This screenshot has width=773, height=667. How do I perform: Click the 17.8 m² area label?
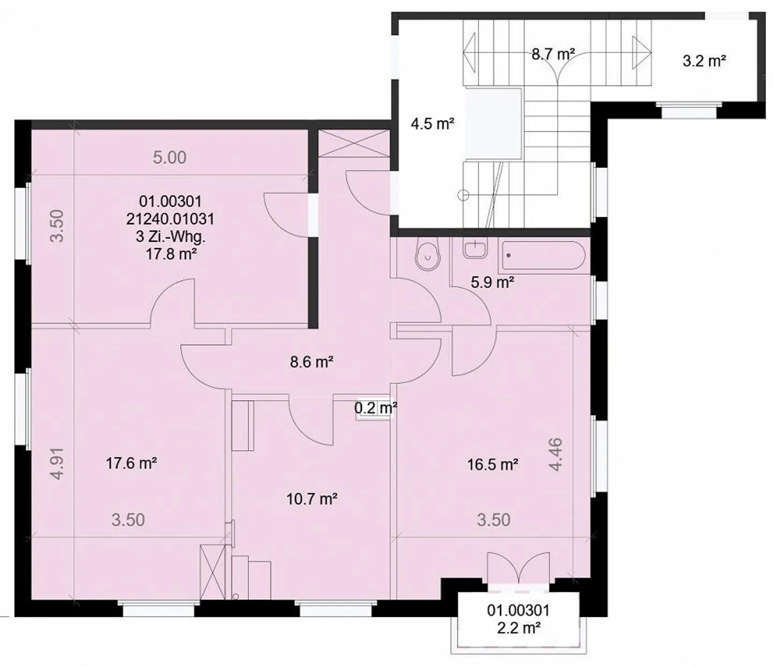pyautogui.click(x=171, y=254)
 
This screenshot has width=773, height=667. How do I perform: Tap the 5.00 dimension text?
pyautogui.click(x=170, y=158)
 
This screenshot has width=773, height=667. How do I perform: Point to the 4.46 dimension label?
pyautogui.click(x=555, y=455)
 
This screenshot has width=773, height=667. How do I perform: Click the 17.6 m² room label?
pyautogui.click(x=132, y=464)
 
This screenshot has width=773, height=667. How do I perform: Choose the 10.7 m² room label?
pyautogui.click(x=312, y=499)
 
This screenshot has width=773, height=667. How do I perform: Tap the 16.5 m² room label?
pyautogui.click(x=493, y=465)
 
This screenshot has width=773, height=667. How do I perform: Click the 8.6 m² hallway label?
pyautogui.click(x=311, y=362)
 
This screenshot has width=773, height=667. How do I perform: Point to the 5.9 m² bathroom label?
pyautogui.click(x=492, y=282)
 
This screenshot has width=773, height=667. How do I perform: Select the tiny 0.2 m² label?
pyautogui.click(x=375, y=407)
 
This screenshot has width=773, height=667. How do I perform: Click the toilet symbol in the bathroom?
pyautogui.click(x=427, y=256)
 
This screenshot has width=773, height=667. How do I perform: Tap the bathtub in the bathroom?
pyautogui.click(x=543, y=255)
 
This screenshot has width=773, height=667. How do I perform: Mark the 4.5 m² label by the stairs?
pyautogui.click(x=433, y=123)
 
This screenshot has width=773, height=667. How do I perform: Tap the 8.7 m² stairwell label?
pyautogui.click(x=553, y=55)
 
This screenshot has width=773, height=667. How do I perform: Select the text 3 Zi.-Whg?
pyautogui.click(x=171, y=237)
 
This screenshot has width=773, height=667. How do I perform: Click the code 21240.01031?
pyautogui.click(x=171, y=219)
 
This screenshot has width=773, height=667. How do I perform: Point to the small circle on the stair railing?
pyautogui.click(x=463, y=195)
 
